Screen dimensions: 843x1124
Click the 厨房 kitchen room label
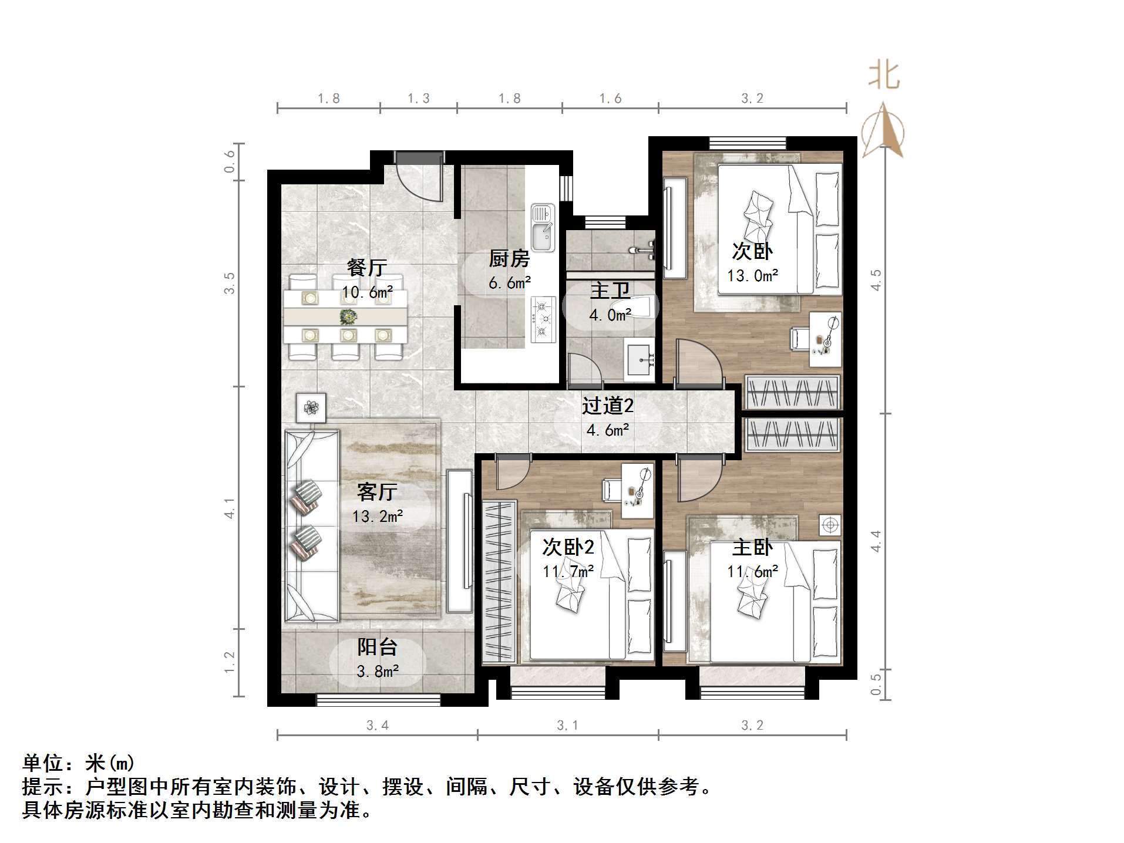point(509,258)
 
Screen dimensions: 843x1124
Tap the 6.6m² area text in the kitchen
point(510,283)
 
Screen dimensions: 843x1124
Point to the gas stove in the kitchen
point(543,319)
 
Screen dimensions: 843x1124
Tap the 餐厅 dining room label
point(367,268)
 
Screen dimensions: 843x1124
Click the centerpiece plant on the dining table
point(348,317)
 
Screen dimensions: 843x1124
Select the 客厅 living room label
point(377,492)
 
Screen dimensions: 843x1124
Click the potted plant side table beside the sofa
point(311,407)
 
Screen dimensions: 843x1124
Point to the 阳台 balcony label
point(377,647)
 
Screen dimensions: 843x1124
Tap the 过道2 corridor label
point(608,406)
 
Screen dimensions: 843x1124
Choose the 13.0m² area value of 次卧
point(752,275)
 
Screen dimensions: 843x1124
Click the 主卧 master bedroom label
point(752,548)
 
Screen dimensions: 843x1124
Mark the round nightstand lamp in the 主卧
point(829,525)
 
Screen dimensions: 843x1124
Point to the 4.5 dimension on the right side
point(876,280)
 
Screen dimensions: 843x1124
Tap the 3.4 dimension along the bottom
point(377,726)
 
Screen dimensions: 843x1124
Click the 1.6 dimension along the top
point(610,99)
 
